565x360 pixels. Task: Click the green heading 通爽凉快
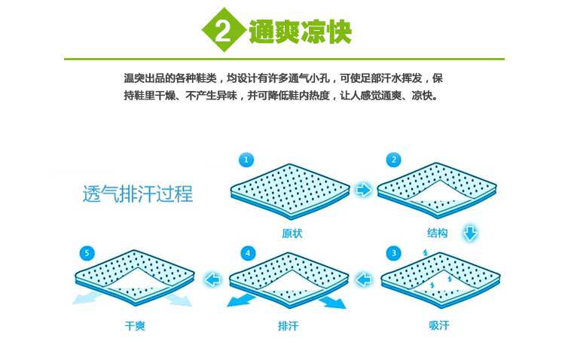click(301, 32)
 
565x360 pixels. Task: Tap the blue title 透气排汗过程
click(138, 194)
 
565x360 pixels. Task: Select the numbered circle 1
click(246, 160)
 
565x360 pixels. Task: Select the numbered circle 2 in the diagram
click(392, 160)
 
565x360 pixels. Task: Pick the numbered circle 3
click(392, 252)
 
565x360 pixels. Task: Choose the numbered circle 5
click(87, 252)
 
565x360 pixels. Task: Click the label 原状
click(292, 233)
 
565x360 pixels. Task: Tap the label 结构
click(437, 233)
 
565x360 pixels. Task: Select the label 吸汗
click(438, 326)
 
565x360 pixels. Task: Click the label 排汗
click(288, 326)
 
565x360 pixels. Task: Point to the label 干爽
click(135, 326)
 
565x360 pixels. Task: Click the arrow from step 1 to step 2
click(363, 190)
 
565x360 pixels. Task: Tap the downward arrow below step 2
click(470, 233)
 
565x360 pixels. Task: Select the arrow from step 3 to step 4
click(364, 280)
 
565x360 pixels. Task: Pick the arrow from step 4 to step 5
click(213, 280)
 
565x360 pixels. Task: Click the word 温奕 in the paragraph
click(133, 78)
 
